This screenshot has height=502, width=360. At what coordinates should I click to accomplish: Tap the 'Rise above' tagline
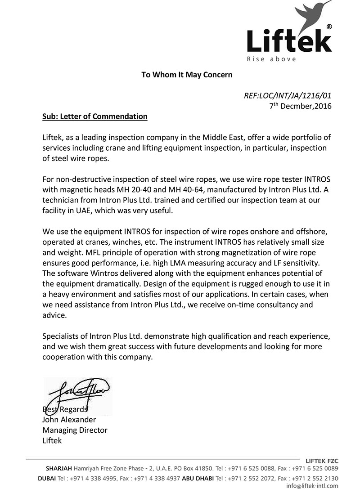271,59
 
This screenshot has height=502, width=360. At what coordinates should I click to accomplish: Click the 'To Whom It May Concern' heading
187,75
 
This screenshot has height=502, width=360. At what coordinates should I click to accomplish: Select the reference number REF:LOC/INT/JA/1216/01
288,96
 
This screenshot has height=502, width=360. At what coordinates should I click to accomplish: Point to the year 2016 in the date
323,106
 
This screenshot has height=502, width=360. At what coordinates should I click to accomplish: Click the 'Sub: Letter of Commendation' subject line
95,117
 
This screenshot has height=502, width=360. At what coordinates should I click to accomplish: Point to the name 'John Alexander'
69,420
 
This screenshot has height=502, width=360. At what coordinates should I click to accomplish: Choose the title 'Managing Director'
75,430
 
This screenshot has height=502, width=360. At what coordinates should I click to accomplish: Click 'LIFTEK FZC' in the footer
322,461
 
